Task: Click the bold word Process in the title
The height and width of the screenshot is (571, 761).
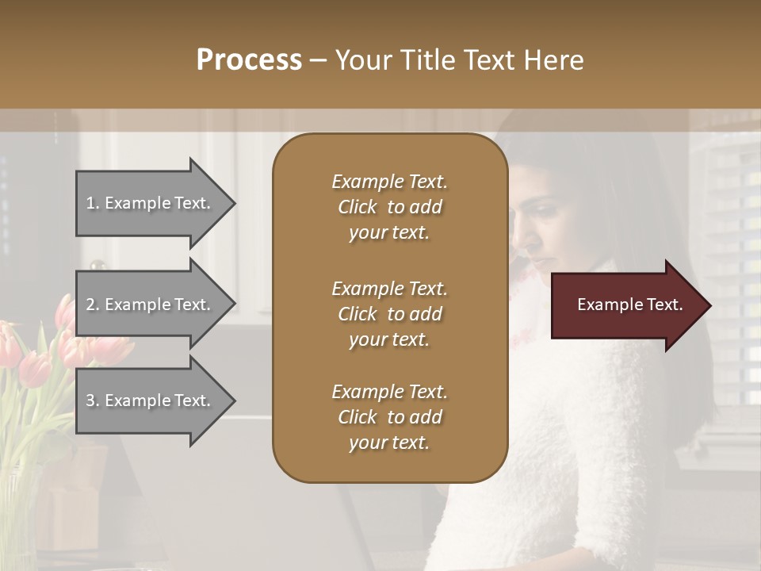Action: point(249,60)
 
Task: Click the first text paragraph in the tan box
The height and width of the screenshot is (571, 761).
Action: point(389,207)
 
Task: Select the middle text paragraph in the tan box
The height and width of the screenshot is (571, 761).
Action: point(389,314)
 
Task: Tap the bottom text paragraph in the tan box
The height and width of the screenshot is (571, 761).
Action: point(389,417)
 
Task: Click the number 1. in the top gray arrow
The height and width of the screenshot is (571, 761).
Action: point(93,204)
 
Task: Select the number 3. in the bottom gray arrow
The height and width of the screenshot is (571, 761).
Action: point(93,400)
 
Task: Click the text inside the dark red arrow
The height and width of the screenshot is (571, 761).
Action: point(630,305)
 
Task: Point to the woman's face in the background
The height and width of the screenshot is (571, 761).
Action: point(543,230)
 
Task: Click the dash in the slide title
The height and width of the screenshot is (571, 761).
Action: point(318,60)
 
